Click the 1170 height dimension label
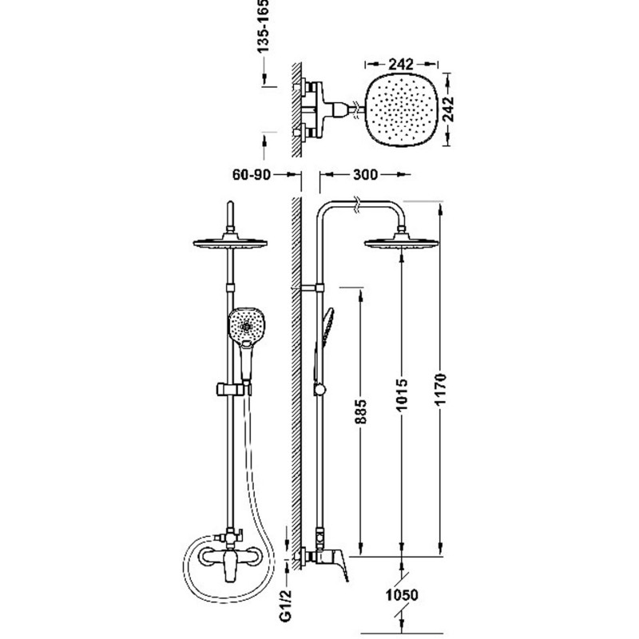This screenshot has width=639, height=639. pos(441,389)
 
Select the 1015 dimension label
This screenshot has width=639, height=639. pos(403,395)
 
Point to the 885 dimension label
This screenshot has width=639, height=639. pos(361,411)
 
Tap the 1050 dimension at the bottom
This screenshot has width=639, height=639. pos(402,595)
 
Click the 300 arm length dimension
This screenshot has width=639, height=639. pos(366,175)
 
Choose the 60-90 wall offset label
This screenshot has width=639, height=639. pos(252,175)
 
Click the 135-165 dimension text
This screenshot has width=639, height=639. pos(264,26)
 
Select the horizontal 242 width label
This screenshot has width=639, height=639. pos(401,64)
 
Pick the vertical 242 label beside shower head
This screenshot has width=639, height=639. pos(448,109)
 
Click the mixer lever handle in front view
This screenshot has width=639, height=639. pos(230,566)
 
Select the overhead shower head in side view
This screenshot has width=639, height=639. pos(401,242)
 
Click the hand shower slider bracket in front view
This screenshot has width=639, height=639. pos(232,389)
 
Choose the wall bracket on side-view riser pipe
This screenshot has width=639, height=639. pos(312,288)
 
